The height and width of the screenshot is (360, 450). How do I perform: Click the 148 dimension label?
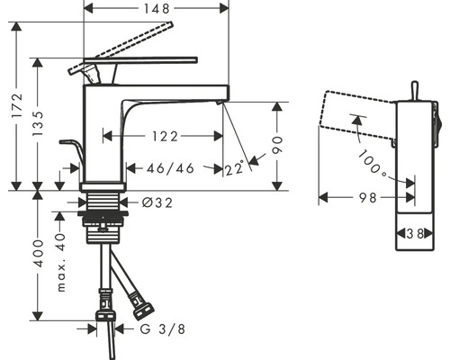(157, 8)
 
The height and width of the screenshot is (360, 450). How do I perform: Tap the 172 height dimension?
(17, 106)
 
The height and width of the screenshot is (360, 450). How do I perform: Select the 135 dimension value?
(38, 123)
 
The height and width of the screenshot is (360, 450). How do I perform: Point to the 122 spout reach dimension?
(165, 137)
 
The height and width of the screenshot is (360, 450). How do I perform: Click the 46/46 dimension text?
(170, 168)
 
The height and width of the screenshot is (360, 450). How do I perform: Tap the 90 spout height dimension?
(277, 145)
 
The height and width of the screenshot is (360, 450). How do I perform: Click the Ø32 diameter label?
(157, 203)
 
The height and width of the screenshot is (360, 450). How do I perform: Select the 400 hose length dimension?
(38, 253)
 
